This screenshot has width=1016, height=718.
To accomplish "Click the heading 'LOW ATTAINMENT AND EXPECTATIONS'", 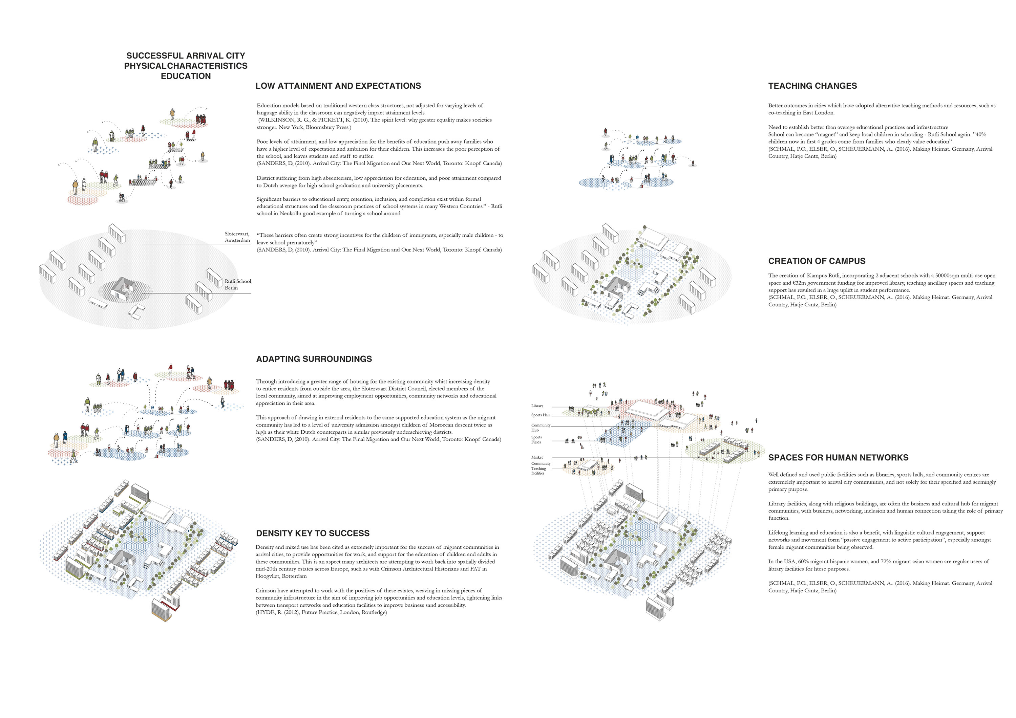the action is [338, 86].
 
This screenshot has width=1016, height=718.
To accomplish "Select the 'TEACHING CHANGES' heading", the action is [812, 86].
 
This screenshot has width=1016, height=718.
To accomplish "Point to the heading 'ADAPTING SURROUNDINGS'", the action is [314, 359].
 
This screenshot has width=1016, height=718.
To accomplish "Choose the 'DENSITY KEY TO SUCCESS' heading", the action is [312, 533].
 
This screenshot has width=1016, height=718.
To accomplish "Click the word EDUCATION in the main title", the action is [186, 76].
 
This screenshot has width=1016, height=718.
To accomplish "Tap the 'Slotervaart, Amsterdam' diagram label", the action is [237, 237].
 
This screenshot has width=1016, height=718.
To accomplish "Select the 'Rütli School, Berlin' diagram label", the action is [238, 284].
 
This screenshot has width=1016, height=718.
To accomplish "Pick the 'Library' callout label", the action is [537, 406].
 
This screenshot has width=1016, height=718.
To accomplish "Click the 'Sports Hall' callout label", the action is [540, 415].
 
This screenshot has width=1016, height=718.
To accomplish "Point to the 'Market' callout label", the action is [537, 457].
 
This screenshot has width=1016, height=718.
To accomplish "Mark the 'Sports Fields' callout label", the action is [536, 440].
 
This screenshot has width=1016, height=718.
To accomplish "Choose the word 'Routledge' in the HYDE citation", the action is [374, 612].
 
